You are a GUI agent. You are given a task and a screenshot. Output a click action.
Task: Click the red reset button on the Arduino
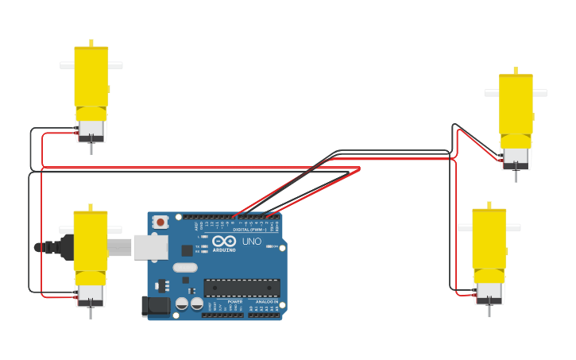[160, 222]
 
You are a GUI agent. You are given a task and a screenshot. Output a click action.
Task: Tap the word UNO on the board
[251, 242]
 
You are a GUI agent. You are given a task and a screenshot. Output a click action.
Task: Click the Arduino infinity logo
[224, 241]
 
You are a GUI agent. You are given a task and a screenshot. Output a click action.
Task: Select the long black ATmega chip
[242, 288]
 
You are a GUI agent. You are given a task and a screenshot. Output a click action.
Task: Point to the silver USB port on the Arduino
[150, 247]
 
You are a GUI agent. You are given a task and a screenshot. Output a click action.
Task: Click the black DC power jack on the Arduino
[154, 306]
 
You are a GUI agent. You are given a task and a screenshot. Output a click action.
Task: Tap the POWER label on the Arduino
[235, 302]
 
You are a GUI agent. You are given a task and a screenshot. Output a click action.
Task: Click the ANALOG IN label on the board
[266, 302]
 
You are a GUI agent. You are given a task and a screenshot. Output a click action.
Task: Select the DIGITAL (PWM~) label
[249, 230]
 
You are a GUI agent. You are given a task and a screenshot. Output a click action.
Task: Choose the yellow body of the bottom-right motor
[489, 238]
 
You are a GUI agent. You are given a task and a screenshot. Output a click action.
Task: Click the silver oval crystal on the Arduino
[184, 268]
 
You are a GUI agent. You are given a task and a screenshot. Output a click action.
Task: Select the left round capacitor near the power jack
[182, 304]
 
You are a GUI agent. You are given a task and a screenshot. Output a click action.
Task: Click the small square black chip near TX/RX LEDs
[187, 250]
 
